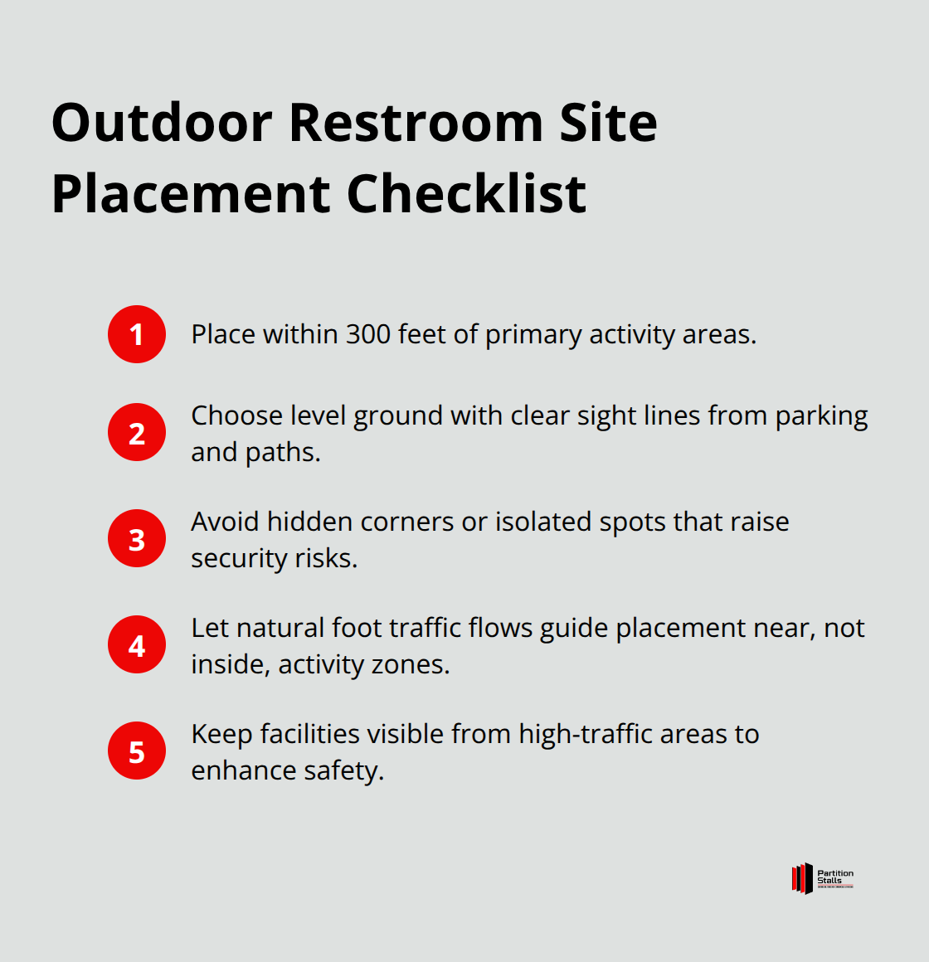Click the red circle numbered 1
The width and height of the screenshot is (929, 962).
click(137, 334)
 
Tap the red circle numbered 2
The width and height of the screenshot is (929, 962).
click(137, 432)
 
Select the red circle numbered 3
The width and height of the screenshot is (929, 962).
click(137, 538)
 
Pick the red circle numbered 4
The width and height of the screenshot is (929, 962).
click(137, 644)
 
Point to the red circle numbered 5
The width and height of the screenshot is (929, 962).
click(137, 751)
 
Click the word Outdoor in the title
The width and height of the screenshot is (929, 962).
click(162, 123)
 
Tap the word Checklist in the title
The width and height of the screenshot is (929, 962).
click(466, 194)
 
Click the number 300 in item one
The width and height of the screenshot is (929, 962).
click(368, 334)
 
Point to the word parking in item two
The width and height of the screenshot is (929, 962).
click(821, 415)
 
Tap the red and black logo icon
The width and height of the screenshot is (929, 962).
click(802, 878)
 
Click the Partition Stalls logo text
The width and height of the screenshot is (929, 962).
click(834, 877)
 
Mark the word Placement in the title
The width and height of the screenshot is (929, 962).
click(191, 194)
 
